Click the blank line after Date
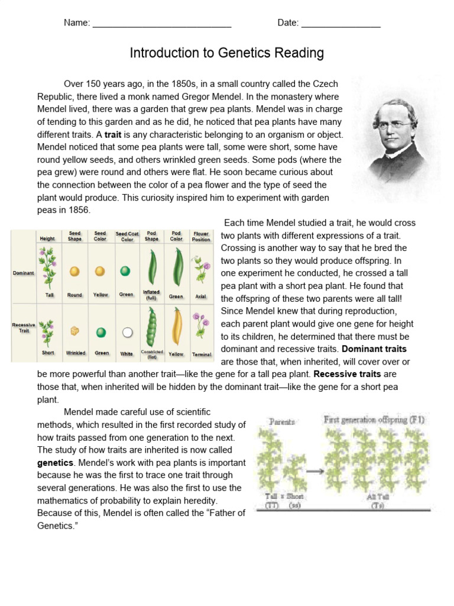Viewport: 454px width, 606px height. (x=340, y=24)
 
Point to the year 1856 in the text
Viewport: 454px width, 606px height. (x=78, y=210)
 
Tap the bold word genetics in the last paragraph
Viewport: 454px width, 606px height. (x=55, y=462)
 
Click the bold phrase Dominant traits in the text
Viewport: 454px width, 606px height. (x=374, y=349)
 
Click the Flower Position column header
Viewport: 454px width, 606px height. (x=201, y=237)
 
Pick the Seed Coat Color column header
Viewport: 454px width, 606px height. (x=127, y=237)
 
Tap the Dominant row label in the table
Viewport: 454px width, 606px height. (x=23, y=273)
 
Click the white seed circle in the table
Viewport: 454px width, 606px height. (x=127, y=332)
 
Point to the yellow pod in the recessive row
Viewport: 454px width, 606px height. (x=176, y=329)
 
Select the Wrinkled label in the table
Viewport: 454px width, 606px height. (x=75, y=353)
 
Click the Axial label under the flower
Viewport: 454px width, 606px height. (x=201, y=296)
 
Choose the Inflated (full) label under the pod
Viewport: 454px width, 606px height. (x=151, y=295)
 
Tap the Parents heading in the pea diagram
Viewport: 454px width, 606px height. (x=282, y=422)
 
